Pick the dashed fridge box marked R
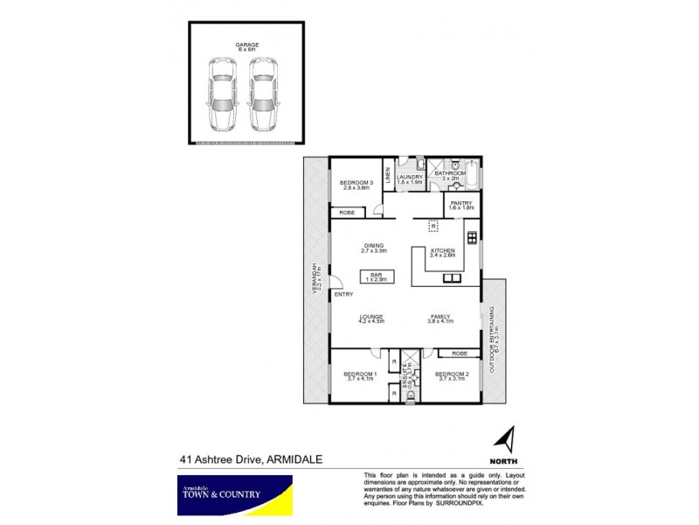pyautogui.click(x=432, y=226)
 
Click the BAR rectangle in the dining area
pyautogui.click(x=377, y=276)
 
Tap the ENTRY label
pyautogui.click(x=343, y=295)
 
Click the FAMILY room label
pyautogui.click(x=439, y=318)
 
